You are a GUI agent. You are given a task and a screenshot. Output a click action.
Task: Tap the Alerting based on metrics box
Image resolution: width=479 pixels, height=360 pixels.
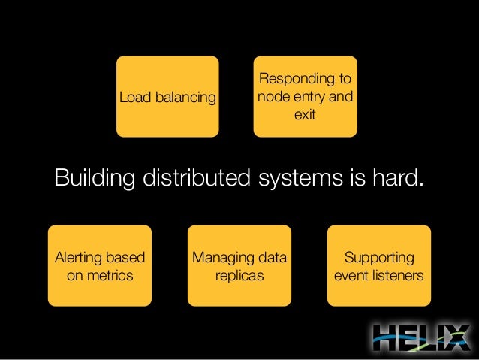100,265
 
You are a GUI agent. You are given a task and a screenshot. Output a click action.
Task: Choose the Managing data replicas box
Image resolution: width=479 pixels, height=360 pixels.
239,265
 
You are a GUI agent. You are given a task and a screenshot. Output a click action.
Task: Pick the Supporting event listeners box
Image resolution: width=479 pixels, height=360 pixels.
378,265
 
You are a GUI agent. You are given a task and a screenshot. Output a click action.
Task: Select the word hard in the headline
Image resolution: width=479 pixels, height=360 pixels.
396,180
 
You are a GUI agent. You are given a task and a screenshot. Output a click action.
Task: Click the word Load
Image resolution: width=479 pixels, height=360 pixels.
134,98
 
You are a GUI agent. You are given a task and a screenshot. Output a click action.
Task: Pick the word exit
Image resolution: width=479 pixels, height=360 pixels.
305,116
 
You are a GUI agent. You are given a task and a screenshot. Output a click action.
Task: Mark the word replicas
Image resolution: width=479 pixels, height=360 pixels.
239,276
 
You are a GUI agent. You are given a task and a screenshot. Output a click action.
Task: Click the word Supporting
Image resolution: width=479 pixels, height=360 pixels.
378,259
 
